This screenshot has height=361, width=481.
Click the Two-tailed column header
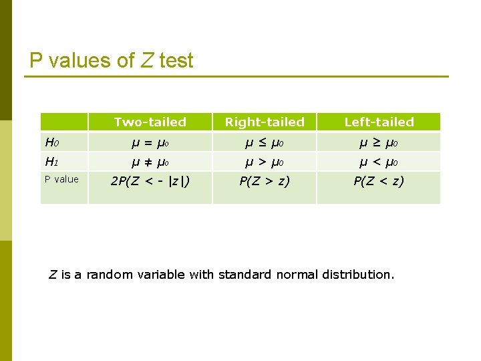pyautogui.click(x=150, y=122)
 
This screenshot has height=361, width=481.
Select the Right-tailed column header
pyautogui.click(x=265, y=122)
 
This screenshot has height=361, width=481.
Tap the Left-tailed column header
pyautogui.click(x=379, y=122)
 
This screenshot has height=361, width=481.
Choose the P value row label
pyautogui.click(x=61, y=179)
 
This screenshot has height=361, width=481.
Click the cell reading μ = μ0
pyautogui.click(x=150, y=142)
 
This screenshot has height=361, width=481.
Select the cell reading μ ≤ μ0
pyautogui.click(x=265, y=142)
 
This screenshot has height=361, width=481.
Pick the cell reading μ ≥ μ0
pyautogui.click(x=379, y=142)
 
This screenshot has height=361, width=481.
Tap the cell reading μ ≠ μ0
pyautogui.click(x=150, y=162)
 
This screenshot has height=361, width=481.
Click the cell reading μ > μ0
pyautogui.click(x=265, y=162)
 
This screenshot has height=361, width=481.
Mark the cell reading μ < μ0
pyautogui.click(x=379, y=162)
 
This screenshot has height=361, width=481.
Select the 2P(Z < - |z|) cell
pyautogui.click(x=150, y=181)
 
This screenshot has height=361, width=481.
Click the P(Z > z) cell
pyautogui.click(x=265, y=181)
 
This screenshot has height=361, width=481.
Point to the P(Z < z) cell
pyautogui.click(x=379, y=181)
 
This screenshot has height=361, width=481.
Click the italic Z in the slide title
pyautogui.click(x=147, y=61)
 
